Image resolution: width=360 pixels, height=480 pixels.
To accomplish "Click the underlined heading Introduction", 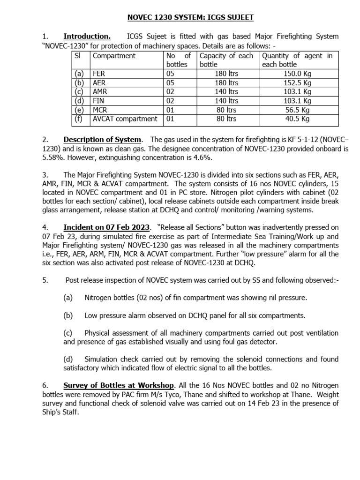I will coord(87,37).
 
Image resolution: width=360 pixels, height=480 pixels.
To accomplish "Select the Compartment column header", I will coord(114,56).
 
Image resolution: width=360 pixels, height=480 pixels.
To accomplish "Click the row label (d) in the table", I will coord(78,100).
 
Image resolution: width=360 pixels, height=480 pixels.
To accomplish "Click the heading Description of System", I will coord(102,140).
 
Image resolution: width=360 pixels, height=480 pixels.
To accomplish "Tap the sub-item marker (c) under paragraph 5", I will coord(68,333).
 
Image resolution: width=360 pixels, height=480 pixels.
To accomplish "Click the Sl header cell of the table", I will coord(78,56).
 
